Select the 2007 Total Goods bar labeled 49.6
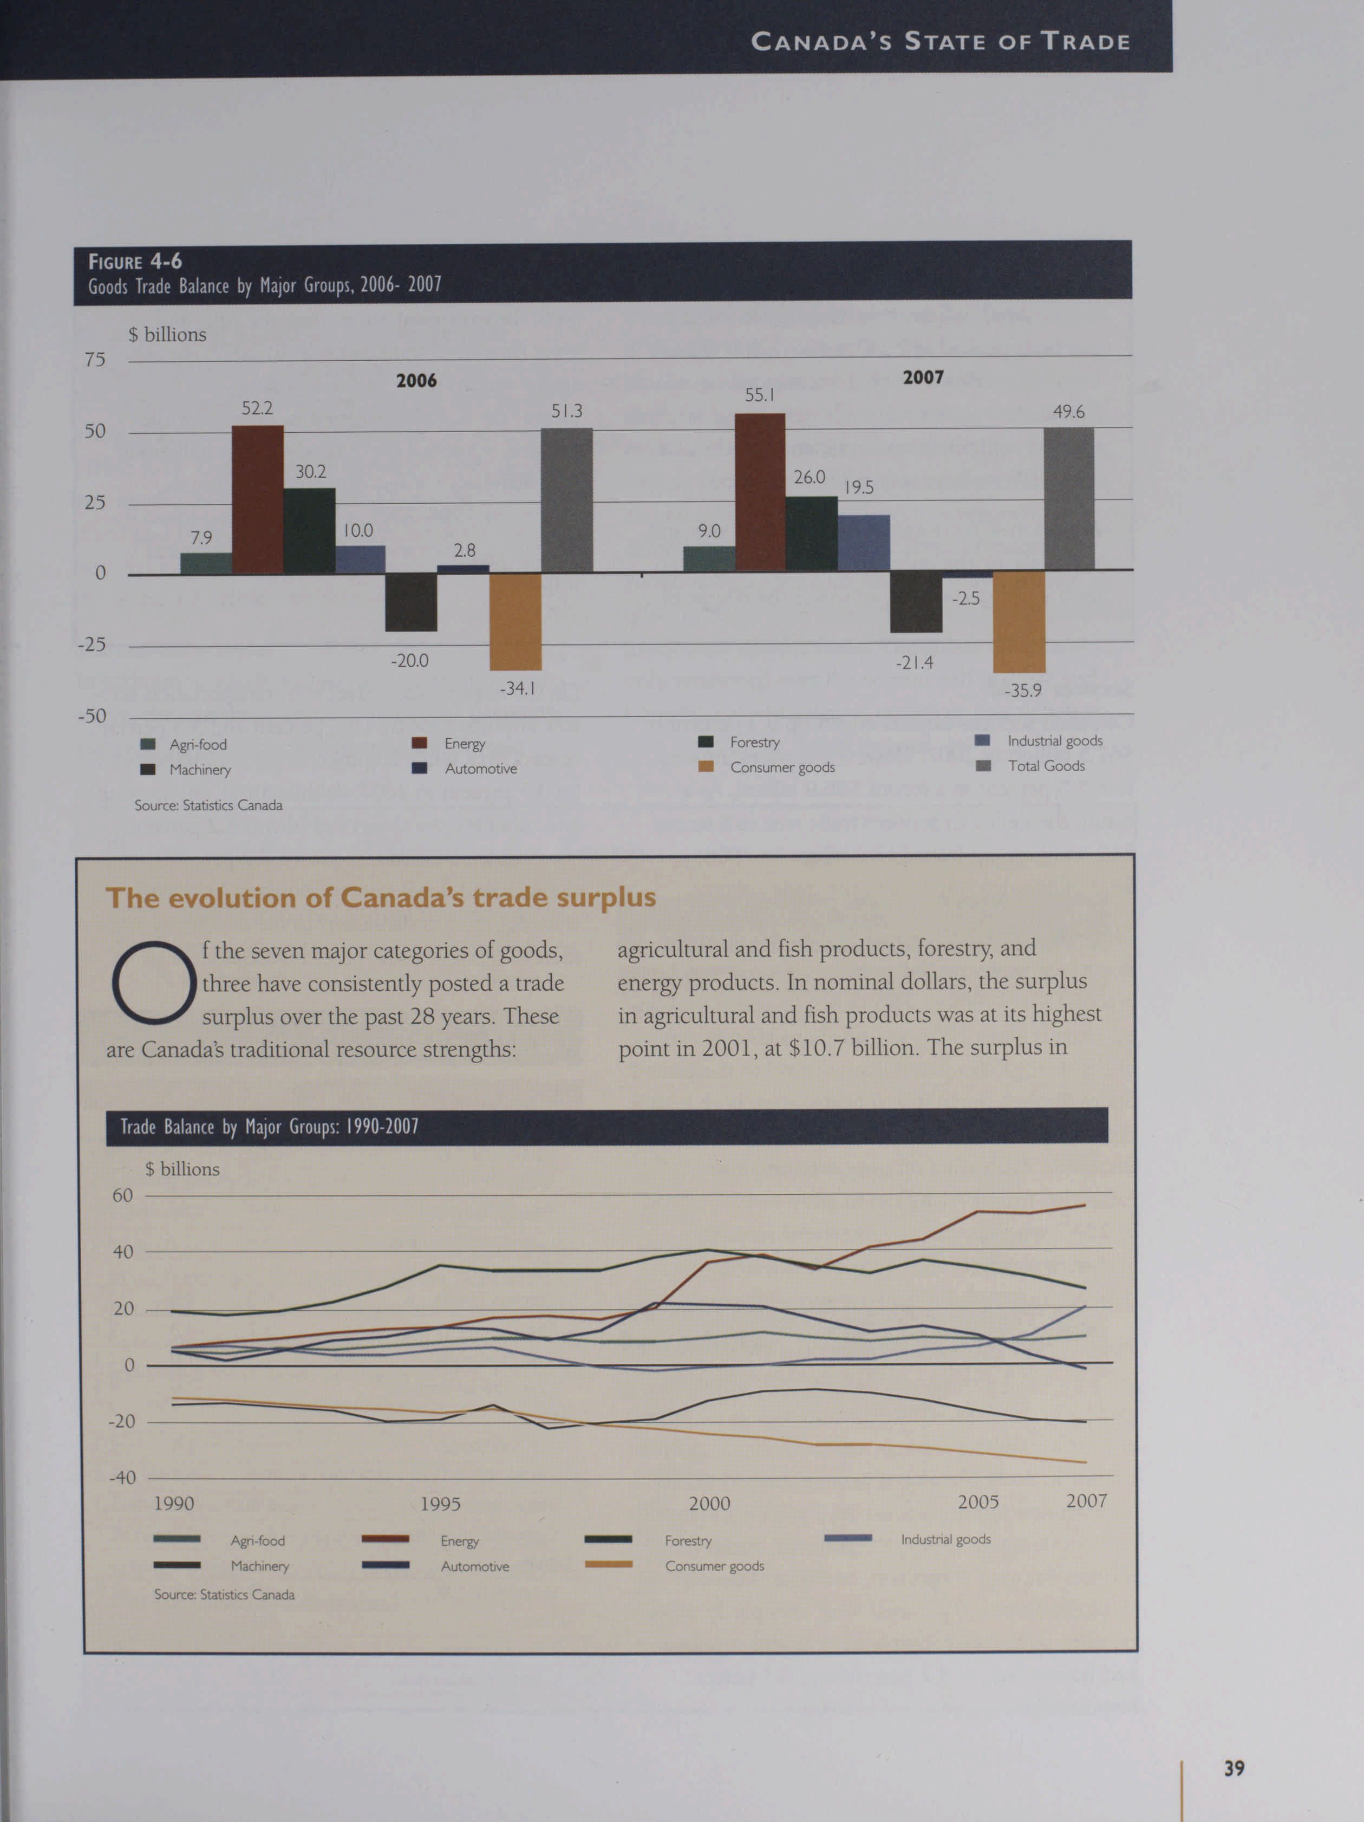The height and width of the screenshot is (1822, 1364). (x=1068, y=498)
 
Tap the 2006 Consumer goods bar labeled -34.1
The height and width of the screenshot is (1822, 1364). (x=515, y=621)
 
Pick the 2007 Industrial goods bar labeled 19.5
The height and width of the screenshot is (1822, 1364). (x=864, y=543)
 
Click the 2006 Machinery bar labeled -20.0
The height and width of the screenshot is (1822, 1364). (x=411, y=602)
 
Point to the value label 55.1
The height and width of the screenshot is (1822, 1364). (x=759, y=395)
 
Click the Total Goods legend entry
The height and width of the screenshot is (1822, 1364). (x=1045, y=766)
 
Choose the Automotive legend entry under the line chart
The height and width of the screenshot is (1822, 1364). (x=474, y=1567)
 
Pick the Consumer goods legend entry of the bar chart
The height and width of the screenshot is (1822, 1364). (x=782, y=767)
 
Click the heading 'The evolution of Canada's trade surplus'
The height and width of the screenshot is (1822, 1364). (x=381, y=898)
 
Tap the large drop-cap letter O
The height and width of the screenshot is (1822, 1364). (x=154, y=984)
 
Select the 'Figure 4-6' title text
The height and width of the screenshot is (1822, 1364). (x=135, y=262)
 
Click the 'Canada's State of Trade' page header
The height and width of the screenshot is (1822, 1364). (x=940, y=41)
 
